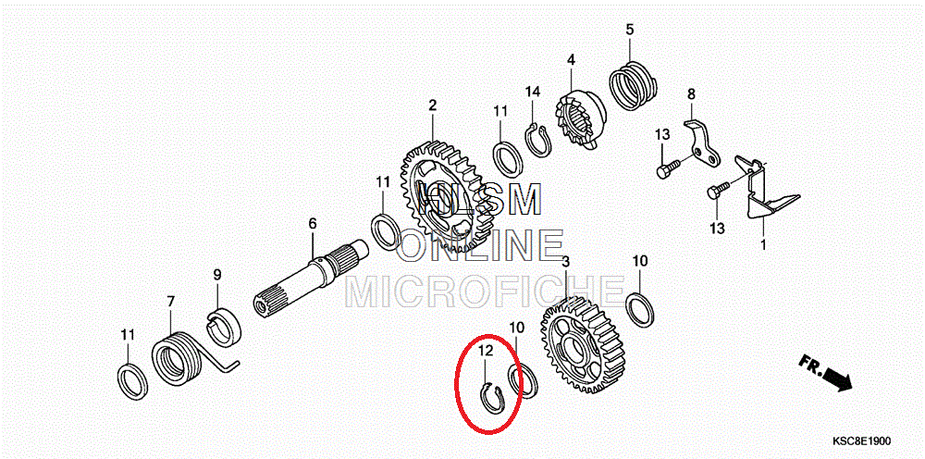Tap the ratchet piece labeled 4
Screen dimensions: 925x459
[x=579, y=118]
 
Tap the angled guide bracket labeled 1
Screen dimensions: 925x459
[x=760, y=190]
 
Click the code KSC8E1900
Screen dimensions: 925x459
[x=861, y=441]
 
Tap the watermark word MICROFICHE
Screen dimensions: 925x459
[x=484, y=292]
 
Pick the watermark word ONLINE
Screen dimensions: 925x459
[x=480, y=245]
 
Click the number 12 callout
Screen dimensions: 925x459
[x=485, y=351]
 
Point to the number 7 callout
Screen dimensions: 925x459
[x=170, y=302]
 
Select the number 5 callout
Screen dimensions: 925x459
[x=630, y=29]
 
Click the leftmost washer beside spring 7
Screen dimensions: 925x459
[x=132, y=382]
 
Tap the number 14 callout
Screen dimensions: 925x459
[x=533, y=92]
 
